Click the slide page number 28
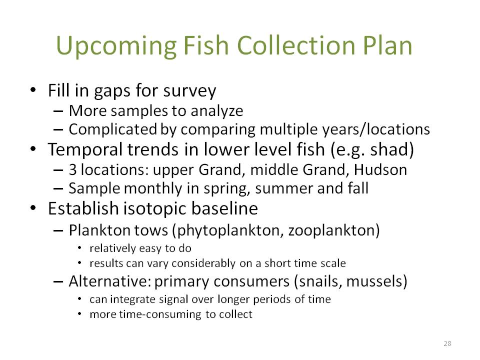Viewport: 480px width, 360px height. coord(447,343)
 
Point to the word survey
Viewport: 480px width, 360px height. coord(189,91)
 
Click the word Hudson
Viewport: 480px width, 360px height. coord(380,170)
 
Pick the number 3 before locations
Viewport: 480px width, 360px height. coord(72,170)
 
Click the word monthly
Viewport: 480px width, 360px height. coord(153,189)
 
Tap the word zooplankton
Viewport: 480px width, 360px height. coord(330,230)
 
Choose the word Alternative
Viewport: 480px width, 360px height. coord(109,281)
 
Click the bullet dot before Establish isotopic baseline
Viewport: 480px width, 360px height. coord(33,208)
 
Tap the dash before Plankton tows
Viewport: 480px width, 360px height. coord(58,231)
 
